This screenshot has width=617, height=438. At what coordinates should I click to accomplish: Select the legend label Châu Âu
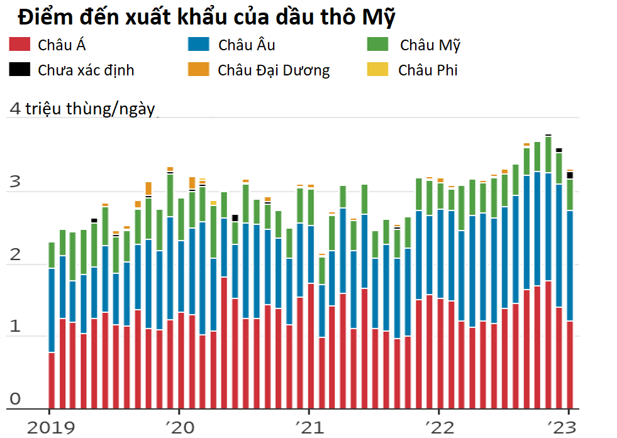(x=247, y=45)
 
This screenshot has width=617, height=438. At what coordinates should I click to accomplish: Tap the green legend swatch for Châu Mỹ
(x=377, y=45)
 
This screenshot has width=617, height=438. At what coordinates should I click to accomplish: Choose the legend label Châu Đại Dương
(x=274, y=70)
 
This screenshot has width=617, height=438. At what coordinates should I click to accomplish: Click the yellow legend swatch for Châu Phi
(x=377, y=69)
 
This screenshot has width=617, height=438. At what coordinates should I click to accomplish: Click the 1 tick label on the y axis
(x=14, y=327)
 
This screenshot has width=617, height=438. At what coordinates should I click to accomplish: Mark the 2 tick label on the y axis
(x=14, y=255)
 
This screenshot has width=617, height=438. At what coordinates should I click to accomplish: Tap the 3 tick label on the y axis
(x=14, y=183)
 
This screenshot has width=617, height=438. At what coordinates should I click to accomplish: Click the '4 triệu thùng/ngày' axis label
(x=82, y=108)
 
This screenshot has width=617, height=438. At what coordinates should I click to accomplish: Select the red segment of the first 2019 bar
(x=52, y=380)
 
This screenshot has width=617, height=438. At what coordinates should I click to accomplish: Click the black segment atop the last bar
(x=570, y=175)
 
